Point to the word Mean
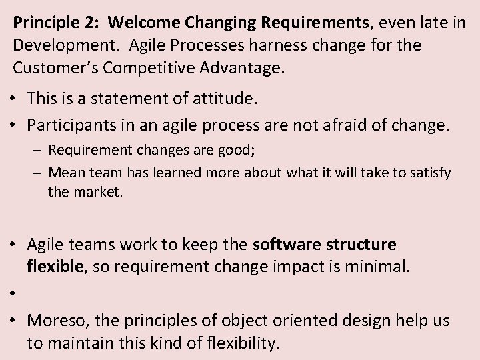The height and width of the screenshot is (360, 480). click(x=63, y=173)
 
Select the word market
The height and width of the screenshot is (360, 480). click(x=97, y=193)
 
